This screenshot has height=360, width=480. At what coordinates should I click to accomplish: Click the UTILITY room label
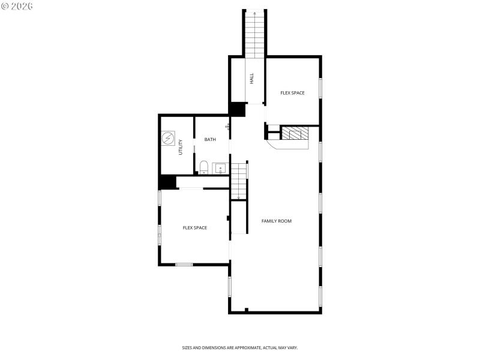tap(180, 148)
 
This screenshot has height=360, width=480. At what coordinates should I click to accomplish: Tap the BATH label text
tap(210, 140)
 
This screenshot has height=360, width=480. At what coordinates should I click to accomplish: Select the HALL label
tap(252, 78)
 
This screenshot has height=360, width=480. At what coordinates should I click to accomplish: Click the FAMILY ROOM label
tap(277, 221)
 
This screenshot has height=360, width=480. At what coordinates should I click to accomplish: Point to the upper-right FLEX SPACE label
tap(293, 93)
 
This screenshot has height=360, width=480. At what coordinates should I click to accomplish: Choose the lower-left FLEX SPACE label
tap(195, 228)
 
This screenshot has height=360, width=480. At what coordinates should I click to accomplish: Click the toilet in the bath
tap(203, 166)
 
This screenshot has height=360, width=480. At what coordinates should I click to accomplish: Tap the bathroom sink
tap(220, 168)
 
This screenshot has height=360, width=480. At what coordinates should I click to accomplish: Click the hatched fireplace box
tap(295, 133)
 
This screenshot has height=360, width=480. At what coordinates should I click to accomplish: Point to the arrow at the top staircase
tap(255, 13)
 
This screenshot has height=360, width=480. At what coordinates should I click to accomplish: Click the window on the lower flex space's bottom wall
tap(184, 264)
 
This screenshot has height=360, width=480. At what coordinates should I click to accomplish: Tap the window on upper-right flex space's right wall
tap(320, 88)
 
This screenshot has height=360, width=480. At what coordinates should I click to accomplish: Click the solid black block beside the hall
tap(238, 109)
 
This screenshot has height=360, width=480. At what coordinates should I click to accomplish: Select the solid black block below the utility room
tap(167, 183)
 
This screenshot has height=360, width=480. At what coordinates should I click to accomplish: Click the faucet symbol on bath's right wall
tap(227, 126)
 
